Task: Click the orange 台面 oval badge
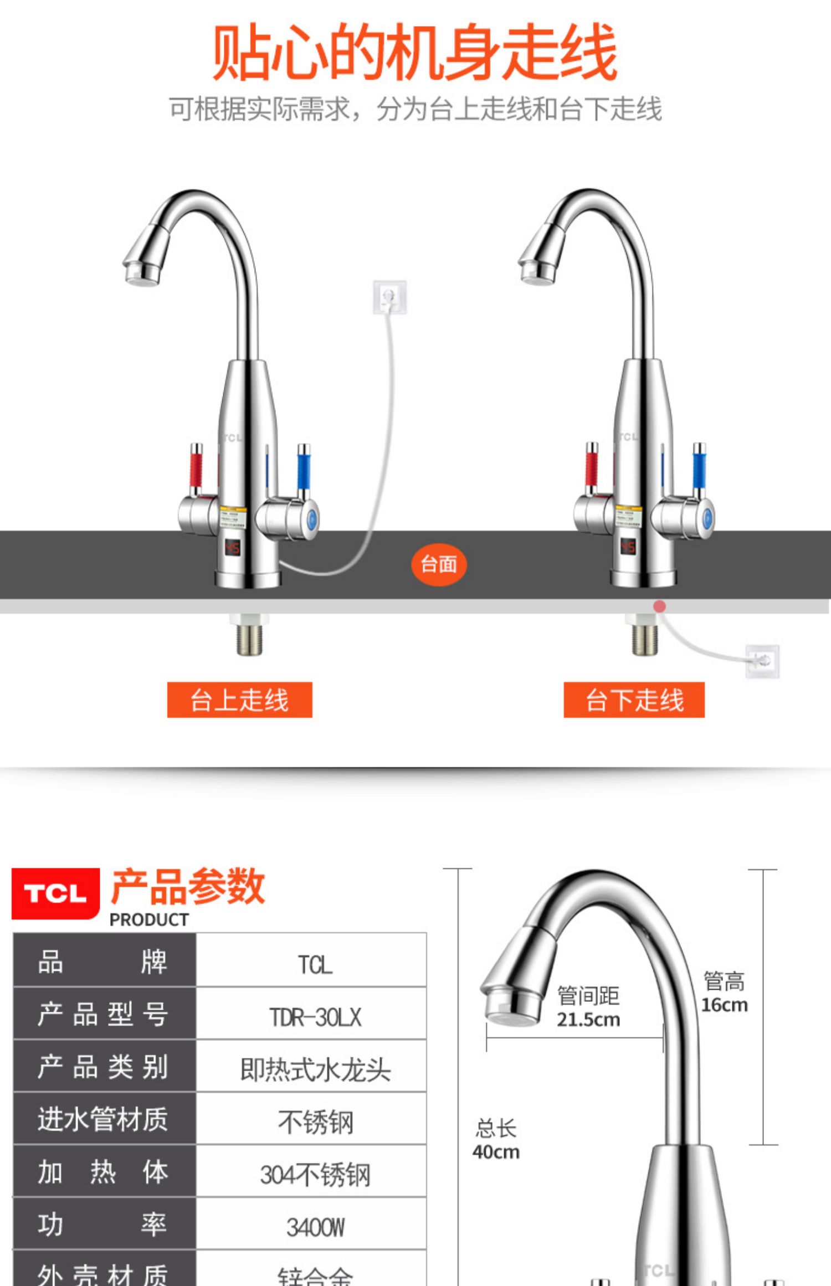(x=438, y=564)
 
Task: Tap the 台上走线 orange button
(x=239, y=700)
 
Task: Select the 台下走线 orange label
(x=634, y=700)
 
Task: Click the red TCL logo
(x=55, y=893)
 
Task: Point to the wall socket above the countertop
(x=389, y=297)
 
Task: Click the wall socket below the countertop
(x=762, y=661)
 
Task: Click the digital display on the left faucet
(x=232, y=548)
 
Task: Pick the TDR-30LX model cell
(x=315, y=1017)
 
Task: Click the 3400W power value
(x=315, y=1227)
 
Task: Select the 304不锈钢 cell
(x=315, y=1175)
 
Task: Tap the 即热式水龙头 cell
(x=315, y=1069)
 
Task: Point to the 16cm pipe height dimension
(x=724, y=1004)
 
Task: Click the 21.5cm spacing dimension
(x=588, y=1019)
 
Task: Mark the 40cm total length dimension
(x=496, y=1152)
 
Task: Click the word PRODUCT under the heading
(x=149, y=920)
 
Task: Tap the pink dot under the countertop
(x=659, y=606)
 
